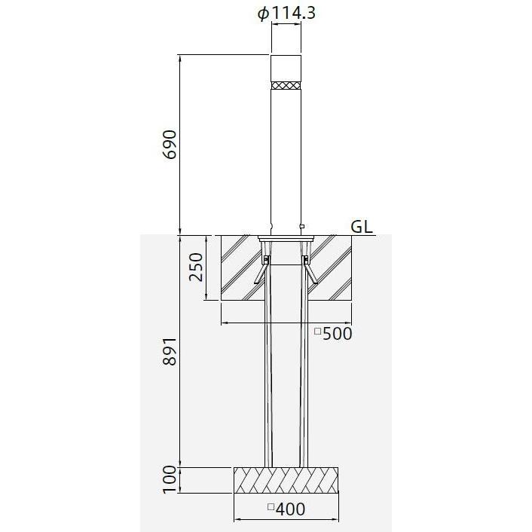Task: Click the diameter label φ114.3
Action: coord(286,14)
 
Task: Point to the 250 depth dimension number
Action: coord(196,267)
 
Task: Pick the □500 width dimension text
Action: coord(334,334)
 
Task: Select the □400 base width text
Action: coord(286,509)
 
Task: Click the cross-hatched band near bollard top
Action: coord(286,85)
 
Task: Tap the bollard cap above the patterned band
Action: coord(286,68)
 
